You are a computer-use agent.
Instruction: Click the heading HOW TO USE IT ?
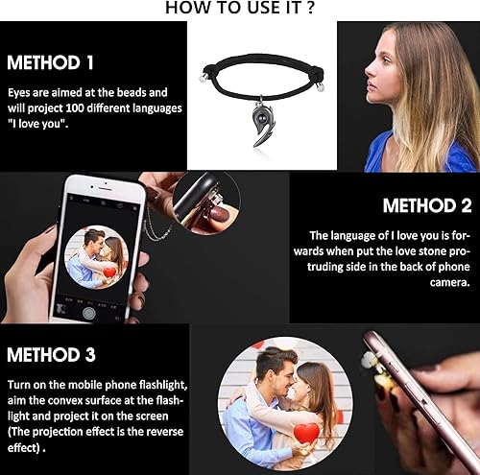click(x=239, y=9)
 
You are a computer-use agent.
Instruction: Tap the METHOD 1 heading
click(x=50, y=63)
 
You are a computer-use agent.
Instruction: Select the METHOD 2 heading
click(x=427, y=205)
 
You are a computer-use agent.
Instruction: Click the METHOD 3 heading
click(x=51, y=355)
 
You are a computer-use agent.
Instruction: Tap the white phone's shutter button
click(x=88, y=312)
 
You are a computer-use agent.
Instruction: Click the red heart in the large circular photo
click(x=306, y=434)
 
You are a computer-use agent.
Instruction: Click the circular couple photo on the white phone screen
click(x=95, y=258)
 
